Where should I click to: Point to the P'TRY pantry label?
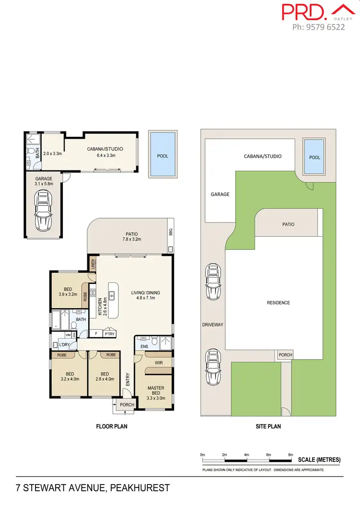coord(109,333)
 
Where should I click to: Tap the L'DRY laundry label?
coord(64,345)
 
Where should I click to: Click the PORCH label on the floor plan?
coord(127,404)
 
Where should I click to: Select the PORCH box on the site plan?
coord(285,355)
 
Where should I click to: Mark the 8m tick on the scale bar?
coord(290,454)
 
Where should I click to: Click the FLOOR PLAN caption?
coord(112,426)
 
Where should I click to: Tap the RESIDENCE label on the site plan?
coord(278,303)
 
